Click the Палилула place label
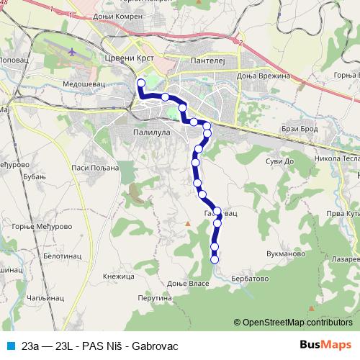150,132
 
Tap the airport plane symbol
72,53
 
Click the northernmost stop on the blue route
140,83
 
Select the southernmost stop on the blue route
214,259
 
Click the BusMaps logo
326,345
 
